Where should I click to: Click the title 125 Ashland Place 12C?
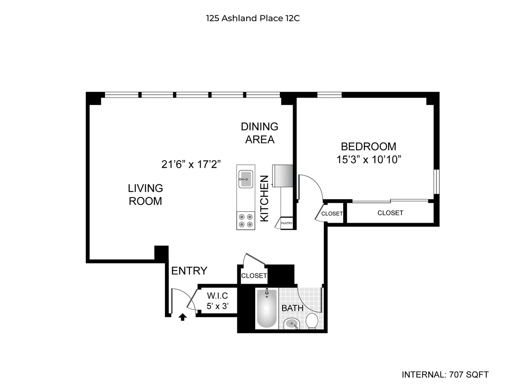(x=253, y=18)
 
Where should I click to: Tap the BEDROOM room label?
(x=368, y=146)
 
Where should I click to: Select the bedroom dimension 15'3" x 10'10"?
(x=368, y=160)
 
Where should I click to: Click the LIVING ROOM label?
(x=145, y=194)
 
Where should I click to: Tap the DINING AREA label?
(x=260, y=132)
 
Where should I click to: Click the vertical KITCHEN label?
(x=264, y=198)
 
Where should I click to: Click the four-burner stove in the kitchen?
(x=246, y=221)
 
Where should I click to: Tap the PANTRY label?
(x=287, y=224)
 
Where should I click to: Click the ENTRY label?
(x=189, y=271)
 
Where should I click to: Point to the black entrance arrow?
(x=183, y=317)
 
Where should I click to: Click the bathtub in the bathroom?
(x=267, y=309)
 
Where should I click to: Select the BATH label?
(x=292, y=308)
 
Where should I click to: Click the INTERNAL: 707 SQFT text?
(x=445, y=374)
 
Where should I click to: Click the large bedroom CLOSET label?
(x=390, y=213)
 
